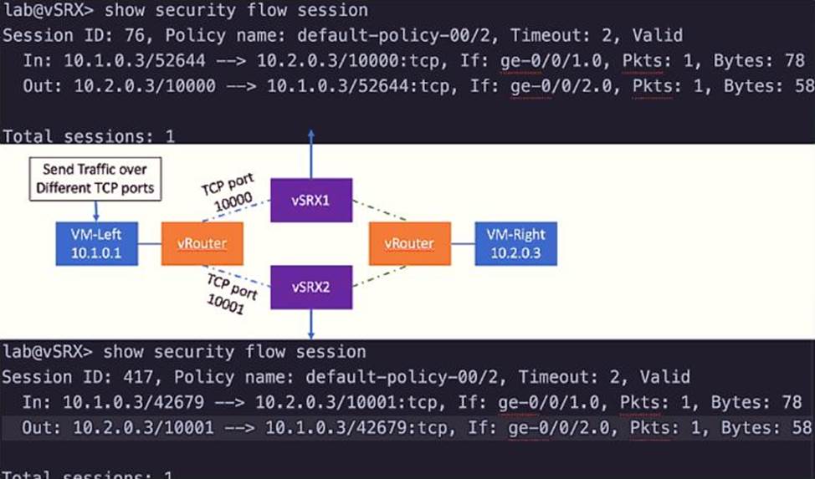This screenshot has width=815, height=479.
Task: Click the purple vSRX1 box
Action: tap(311, 201)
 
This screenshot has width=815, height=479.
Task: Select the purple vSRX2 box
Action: tap(311, 286)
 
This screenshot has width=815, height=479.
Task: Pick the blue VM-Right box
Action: tap(515, 242)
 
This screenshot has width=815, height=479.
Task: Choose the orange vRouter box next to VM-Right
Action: tap(409, 243)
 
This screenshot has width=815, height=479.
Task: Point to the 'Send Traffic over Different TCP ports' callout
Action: tap(95, 179)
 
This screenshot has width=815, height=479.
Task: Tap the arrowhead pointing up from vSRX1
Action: tap(311, 136)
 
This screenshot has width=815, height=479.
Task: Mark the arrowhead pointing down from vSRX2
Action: tap(311, 334)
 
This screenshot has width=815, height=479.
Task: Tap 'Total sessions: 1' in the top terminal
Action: tap(89, 135)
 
